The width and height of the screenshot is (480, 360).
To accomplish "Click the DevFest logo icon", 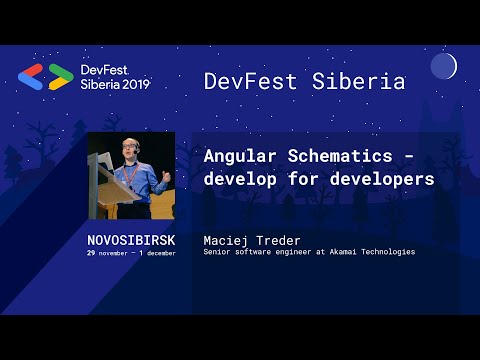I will pyautogui.click(x=46, y=77).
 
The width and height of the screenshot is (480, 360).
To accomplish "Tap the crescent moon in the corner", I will pyautogui.click(x=443, y=67).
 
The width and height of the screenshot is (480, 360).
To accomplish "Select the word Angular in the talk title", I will pyautogui.click(x=241, y=157).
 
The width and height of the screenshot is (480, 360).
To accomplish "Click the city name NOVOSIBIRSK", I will pyautogui.click(x=131, y=241).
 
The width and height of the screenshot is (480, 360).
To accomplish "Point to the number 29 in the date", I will pyautogui.click(x=91, y=253).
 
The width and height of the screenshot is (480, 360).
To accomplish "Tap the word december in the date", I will pyautogui.click(x=158, y=253).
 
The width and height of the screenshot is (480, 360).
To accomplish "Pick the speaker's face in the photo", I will pyautogui.click(x=129, y=149).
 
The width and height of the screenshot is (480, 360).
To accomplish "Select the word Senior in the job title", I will pyautogui.click(x=217, y=252).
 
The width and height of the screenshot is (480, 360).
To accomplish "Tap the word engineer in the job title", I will pyautogui.click(x=292, y=252).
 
